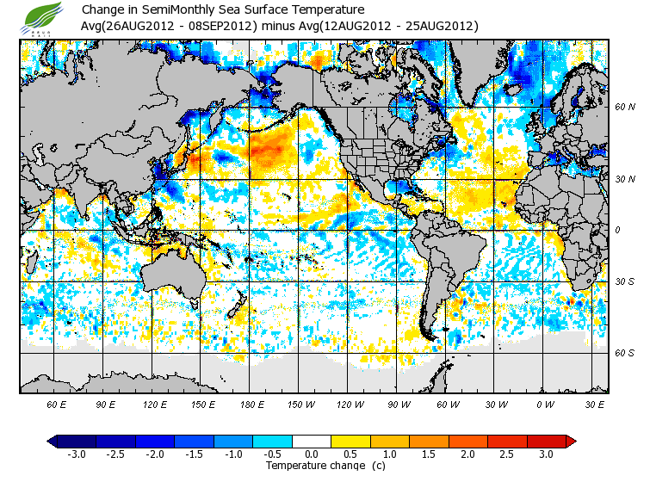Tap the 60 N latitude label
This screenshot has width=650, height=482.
624,108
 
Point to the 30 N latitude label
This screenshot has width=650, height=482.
624,179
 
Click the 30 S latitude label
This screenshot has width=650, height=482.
624,282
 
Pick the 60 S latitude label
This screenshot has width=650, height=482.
624,353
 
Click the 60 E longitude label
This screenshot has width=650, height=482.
57,404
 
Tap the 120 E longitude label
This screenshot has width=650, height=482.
155,404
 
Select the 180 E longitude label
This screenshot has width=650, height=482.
253,404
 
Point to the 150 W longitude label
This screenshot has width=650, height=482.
302,404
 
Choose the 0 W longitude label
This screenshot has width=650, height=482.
544,404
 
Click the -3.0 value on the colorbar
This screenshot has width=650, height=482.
76,454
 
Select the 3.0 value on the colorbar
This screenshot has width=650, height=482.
545,454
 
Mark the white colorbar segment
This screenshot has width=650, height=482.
313,441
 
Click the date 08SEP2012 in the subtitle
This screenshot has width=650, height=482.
220,27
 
